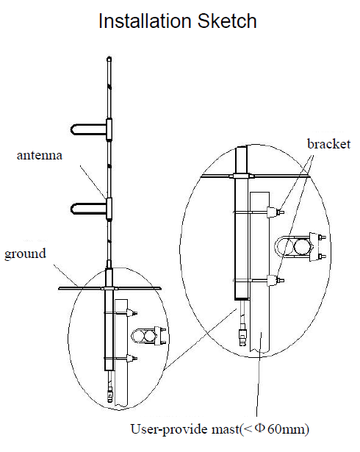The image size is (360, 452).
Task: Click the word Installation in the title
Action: click(x=145, y=21)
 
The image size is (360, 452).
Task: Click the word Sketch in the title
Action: click(x=227, y=21)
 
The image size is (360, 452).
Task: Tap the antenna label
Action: click(x=40, y=155)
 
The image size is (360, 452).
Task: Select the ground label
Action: click(x=26, y=254)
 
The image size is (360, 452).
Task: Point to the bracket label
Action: click(x=329, y=144)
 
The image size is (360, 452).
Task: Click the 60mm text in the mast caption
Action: click(x=286, y=429)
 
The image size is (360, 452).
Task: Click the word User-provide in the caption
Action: click(x=170, y=429)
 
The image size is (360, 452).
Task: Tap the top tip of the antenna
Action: click(x=109, y=57)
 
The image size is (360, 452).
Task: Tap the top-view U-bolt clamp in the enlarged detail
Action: click(x=300, y=248)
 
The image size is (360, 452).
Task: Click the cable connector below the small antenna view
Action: click(x=109, y=395)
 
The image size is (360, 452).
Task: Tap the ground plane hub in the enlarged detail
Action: click(x=242, y=176)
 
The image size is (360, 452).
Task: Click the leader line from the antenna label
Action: click(x=93, y=182)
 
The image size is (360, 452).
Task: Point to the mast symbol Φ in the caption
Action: click(x=259, y=428)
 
